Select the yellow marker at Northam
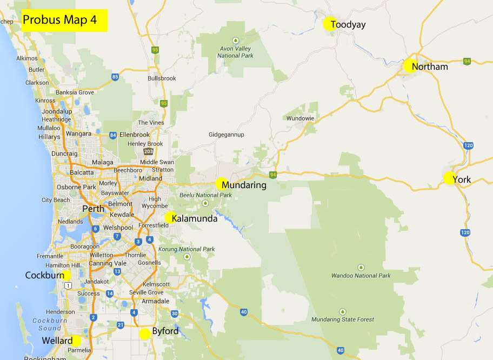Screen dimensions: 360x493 (x=409, y=66)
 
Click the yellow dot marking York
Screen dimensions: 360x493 (x=449, y=178)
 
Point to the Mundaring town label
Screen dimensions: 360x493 (x=244, y=185)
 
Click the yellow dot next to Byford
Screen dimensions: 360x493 (x=144, y=334)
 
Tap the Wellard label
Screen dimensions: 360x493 (x=57, y=341)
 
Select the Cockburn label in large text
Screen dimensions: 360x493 (x=44, y=275)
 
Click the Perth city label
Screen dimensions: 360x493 (x=92, y=209)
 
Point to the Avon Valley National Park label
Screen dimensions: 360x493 (x=236, y=52)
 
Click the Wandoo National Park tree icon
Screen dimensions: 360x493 (x=361, y=267)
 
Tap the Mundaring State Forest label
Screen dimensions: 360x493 (x=343, y=319)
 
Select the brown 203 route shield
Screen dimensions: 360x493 (x=148, y=151)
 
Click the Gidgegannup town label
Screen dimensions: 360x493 (x=226, y=135)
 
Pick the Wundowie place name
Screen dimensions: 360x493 (x=300, y=118)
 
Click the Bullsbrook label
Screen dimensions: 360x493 (x=162, y=78)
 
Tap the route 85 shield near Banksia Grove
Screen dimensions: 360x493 (x=115, y=77)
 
